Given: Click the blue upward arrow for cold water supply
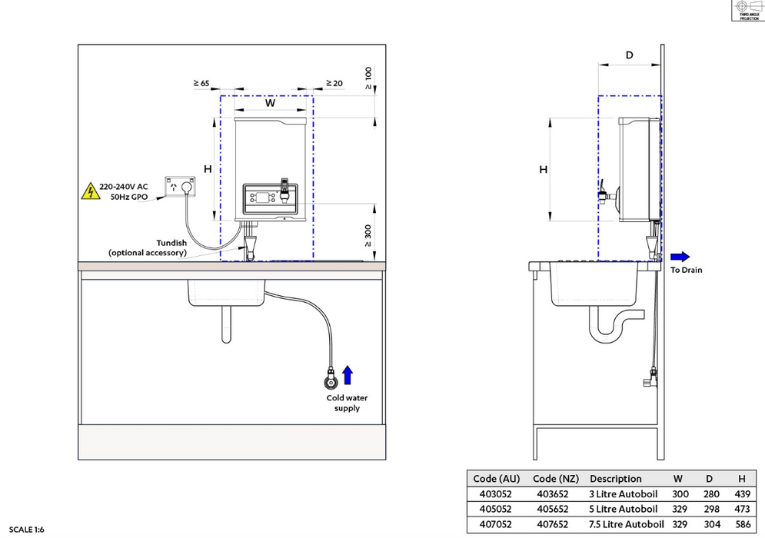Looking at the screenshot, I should pos(348,375).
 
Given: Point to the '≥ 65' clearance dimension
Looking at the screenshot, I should pos(201,82).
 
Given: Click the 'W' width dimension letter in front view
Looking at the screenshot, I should pos(270,102).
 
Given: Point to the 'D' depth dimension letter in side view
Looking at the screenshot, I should pos(629,55).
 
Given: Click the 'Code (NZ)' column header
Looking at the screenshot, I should pos(556,478).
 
